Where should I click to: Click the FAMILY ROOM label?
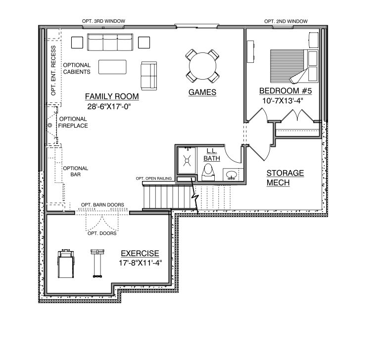(x=112, y=96)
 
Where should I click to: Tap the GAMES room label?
(x=202, y=92)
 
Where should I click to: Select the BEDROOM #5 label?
(x=286, y=91)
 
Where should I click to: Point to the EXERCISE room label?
(x=140, y=253)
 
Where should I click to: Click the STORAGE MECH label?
(x=285, y=178)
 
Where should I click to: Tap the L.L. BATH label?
(x=212, y=155)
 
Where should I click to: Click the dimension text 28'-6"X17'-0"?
(x=109, y=106)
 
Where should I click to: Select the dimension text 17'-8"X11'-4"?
(x=140, y=263)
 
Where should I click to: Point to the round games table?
(x=202, y=66)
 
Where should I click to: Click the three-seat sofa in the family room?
(x=110, y=42)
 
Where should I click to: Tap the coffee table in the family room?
(x=112, y=67)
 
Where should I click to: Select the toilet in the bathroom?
(x=208, y=172)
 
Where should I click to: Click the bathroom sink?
(x=232, y=175)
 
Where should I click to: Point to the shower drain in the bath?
(x=187, y=161)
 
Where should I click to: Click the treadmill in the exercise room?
(x=66, y=264)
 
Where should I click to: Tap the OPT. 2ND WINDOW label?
(x=286, y=21)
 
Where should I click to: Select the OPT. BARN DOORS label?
(x=102, y=205)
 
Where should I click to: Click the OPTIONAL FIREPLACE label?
(x=73, y=122)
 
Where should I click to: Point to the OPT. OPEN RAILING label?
(x=153, y=179)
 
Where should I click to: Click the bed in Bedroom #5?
(x=294, y=66)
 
